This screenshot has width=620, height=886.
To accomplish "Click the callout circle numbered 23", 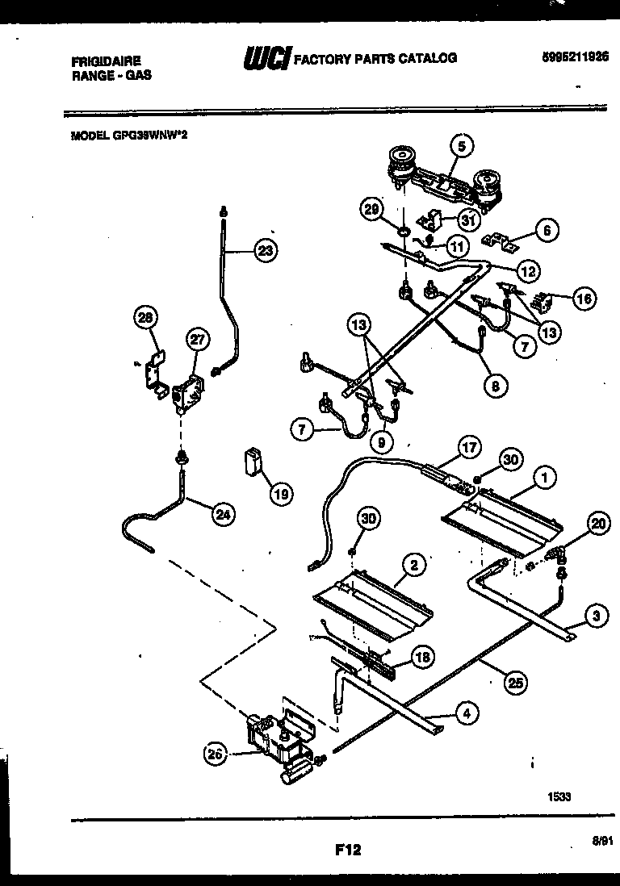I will [x=264, y=252].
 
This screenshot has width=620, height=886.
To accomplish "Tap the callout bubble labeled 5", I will [x=461, y=146].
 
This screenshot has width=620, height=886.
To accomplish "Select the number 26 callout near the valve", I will [x=214, y=754].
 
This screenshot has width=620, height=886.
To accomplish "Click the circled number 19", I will [x=280, y=494].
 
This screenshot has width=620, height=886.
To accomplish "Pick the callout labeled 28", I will [x=145, y=319].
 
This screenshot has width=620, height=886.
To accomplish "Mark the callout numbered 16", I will [x=584, y=298].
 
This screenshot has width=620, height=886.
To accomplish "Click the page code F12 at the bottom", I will [x=346, y=849].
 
